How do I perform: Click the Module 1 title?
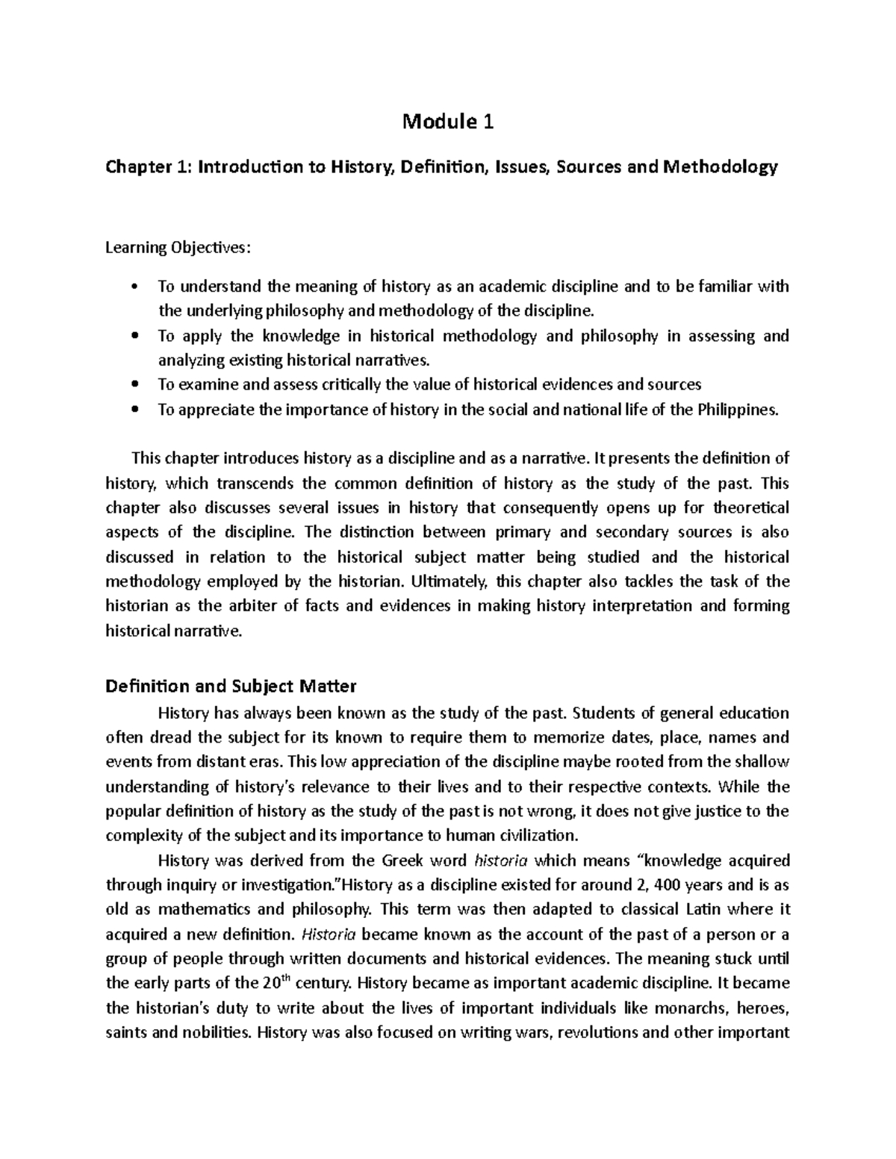pyautogui.click(x=448, y=121)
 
